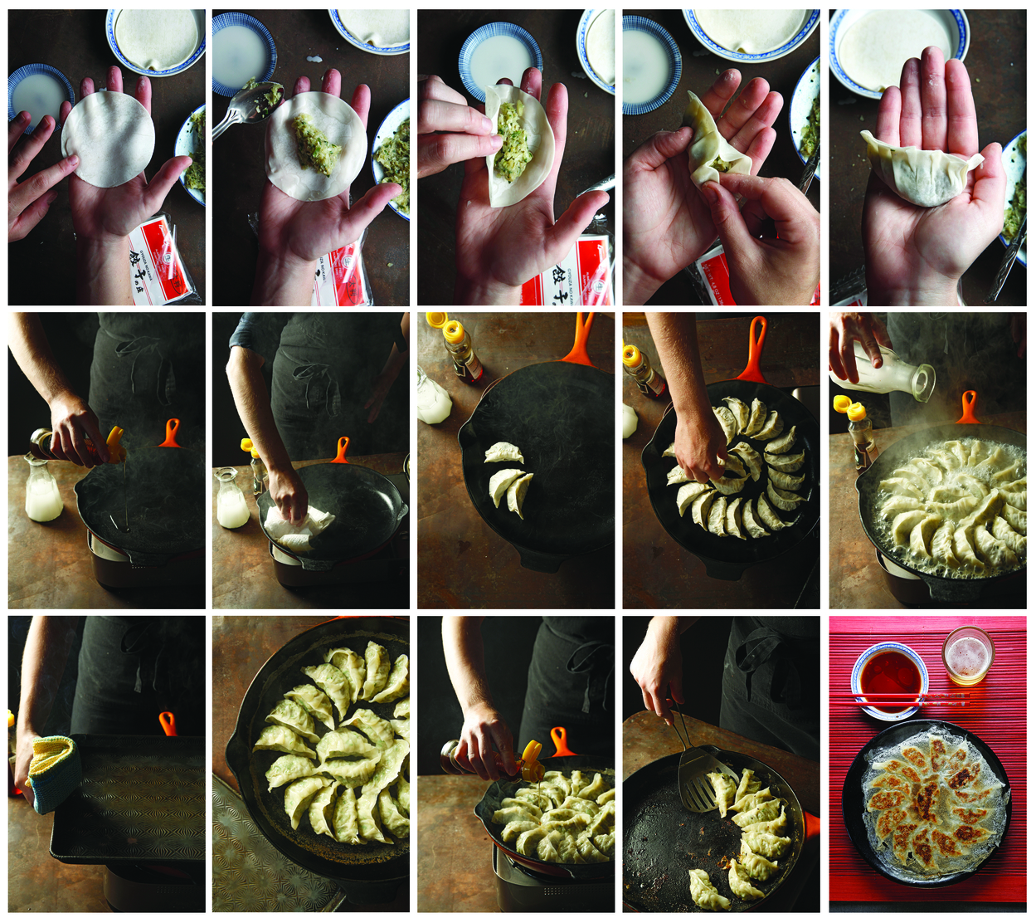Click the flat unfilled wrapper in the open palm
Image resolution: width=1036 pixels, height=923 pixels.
(108, 139)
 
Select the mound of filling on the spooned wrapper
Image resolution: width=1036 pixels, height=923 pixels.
(316, 145)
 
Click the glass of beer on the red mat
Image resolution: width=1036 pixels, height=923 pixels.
(967, 656)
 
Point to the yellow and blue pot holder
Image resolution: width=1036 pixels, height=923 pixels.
(54, 772)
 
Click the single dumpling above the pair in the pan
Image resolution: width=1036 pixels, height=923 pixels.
(504, 452)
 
